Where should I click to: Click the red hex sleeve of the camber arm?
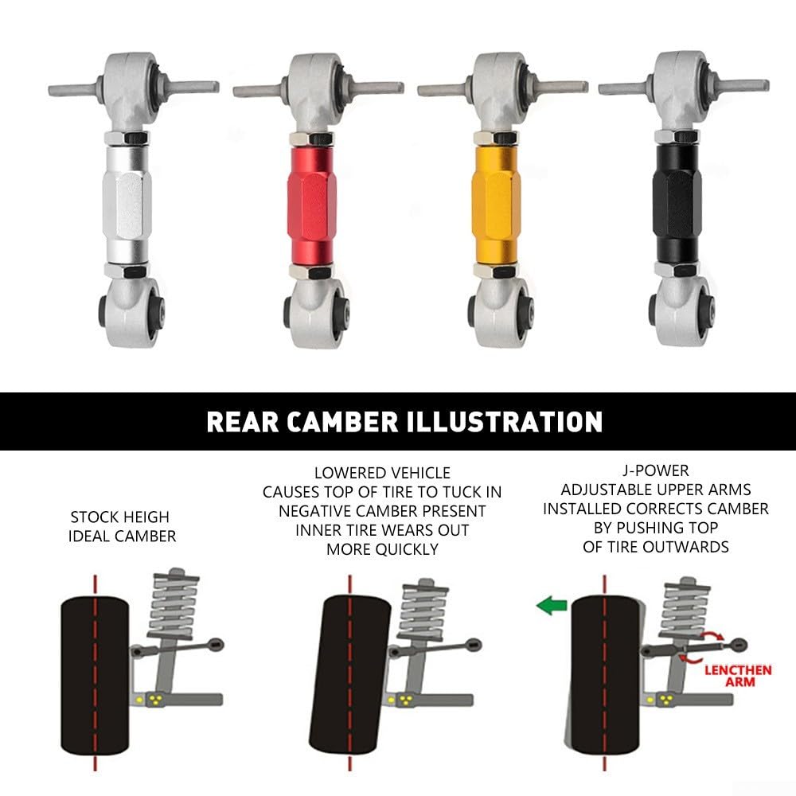point(312,205)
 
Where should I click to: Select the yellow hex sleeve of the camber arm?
point(496,205)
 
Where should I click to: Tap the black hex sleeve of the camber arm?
point(677,203)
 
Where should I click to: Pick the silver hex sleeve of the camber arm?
point(127,205)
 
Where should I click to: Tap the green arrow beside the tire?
point(552,605)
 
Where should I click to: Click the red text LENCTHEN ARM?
point(738,676)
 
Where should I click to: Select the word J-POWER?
point(656,470)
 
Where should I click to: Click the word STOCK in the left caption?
point(92,517)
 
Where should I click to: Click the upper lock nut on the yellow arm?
point(496,138)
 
